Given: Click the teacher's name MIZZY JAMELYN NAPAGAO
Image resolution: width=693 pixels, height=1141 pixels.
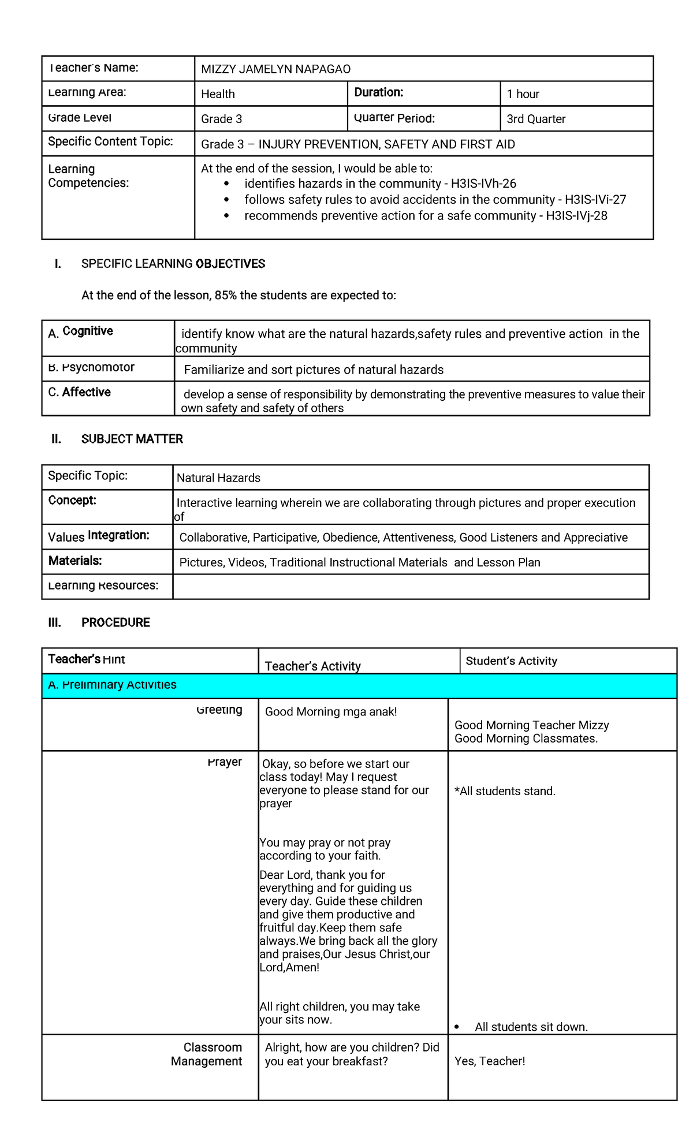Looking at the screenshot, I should point(275,69).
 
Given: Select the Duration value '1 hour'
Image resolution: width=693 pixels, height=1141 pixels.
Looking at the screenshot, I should point(523,94).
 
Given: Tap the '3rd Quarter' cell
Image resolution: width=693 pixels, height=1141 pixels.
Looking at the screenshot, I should point(535,119).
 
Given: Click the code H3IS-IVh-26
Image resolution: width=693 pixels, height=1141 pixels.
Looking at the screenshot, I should point(483,184).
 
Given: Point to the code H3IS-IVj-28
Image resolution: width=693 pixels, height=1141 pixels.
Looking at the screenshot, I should point(576,216).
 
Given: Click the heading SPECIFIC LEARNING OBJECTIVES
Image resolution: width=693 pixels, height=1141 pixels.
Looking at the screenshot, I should point(173,264).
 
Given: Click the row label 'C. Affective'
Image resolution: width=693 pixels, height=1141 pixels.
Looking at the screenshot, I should point(79,392).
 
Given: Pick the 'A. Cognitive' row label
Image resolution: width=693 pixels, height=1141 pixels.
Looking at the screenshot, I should point(80,331).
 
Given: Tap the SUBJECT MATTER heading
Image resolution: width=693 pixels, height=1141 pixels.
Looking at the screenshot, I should point(132,439).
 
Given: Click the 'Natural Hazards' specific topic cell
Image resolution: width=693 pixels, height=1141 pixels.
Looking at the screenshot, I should point(218,478).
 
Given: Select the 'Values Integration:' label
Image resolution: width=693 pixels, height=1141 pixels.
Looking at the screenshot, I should point(98,536).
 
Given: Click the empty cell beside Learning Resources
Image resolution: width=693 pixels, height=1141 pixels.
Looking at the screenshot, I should point(410,587).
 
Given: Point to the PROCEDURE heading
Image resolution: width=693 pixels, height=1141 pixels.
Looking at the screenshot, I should point(115,622).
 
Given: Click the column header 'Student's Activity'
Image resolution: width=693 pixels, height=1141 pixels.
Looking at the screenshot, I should point(511,661).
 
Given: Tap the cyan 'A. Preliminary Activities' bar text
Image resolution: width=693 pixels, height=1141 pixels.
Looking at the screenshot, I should point(112,685).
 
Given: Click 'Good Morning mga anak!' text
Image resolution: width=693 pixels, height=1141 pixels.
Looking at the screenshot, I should point(330,712).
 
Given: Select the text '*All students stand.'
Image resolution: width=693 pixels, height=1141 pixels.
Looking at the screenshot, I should point(505,791).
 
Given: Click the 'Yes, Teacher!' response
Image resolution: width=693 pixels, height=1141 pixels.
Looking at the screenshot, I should point(490,1061).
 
